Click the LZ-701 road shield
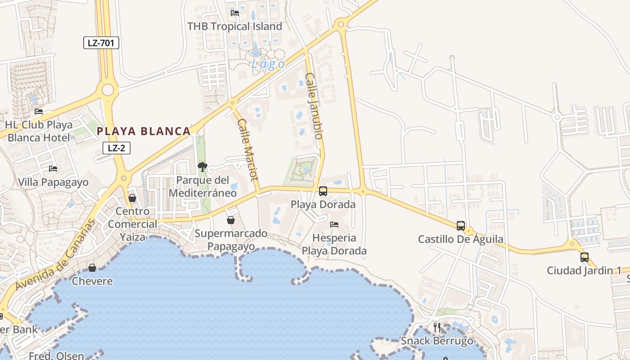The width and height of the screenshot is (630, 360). (101, 43)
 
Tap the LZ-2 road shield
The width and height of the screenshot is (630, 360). (117, 148)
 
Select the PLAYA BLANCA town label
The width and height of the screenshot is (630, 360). (144, 131)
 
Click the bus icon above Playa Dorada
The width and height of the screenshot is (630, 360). (323, 191)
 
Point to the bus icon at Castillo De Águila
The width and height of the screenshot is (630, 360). (461, 226)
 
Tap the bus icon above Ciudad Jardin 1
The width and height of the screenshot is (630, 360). (585, 257)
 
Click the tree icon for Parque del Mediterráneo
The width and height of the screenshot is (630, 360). (202, 167)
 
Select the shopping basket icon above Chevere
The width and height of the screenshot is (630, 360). (92, 268)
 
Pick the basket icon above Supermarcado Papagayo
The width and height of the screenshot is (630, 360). (231, 220)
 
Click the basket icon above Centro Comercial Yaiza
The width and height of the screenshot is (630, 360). (132, 198)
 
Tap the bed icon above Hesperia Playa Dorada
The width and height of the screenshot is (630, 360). (334, 224)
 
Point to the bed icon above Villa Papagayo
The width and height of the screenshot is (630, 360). (53, 169)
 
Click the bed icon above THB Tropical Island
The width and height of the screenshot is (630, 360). (235, 13)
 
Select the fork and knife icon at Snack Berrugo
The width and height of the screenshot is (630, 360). (437, 328)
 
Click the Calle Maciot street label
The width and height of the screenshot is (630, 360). (248, 155)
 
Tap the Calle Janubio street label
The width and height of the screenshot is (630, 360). (315, 106)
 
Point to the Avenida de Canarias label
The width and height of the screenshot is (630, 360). (55, 255)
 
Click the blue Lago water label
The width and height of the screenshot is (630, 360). (268, 64)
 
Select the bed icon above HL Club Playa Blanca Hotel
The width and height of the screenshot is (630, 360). (39, 112)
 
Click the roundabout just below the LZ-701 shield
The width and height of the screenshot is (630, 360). (108, 90)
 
